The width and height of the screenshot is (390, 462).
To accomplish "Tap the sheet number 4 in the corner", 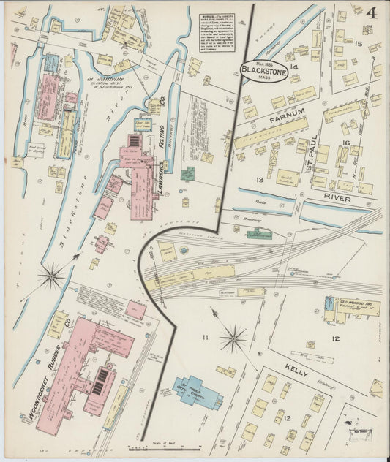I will click(x=373, y=12).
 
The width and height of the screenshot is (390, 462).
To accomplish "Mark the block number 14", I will click(x=293, y=67).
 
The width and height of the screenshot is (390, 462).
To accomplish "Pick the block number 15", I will click(x=358, y=44).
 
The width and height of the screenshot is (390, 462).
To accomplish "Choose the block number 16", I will click(x=345, y=143).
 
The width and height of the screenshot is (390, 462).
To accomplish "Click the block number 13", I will click(x=259, y=180).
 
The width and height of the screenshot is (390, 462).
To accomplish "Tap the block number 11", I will click(x=206, y=336).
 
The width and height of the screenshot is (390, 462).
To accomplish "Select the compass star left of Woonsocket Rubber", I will click(x=52, y=276).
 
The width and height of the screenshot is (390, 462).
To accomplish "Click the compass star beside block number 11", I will click(x=233, y=338).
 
